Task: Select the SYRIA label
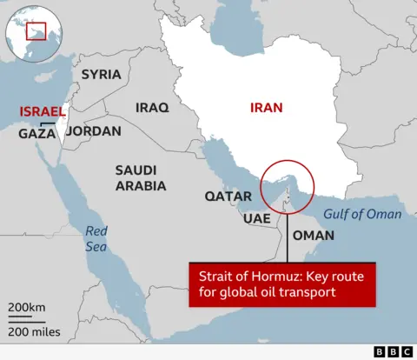click(101, 74)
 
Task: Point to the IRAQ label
click(153, 108)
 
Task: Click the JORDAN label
click(93, 131)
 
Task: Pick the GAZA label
click(37, 134)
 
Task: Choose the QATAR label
click(228, 197)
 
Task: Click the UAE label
click(255, 218)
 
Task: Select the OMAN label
click(313, 236)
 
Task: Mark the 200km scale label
click(26, 309)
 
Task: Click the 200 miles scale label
click(34, 332)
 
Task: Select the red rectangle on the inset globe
click(36, 31)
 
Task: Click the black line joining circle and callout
click(286, 235)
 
